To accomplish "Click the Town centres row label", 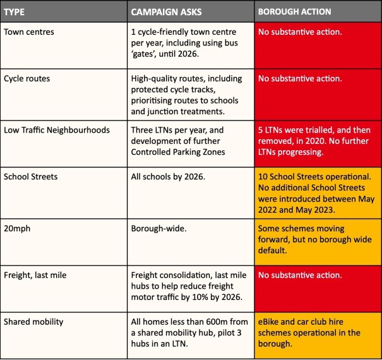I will click(30, 31).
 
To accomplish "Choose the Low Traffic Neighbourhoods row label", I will click(57, 130).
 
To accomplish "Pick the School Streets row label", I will click(30, 176).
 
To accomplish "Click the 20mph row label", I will click(17, 228).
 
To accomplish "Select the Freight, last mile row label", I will click(36, 275).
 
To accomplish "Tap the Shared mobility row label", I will click(33, 321).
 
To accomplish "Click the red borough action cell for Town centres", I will click(318, 44).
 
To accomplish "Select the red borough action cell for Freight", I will click(318, 287).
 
